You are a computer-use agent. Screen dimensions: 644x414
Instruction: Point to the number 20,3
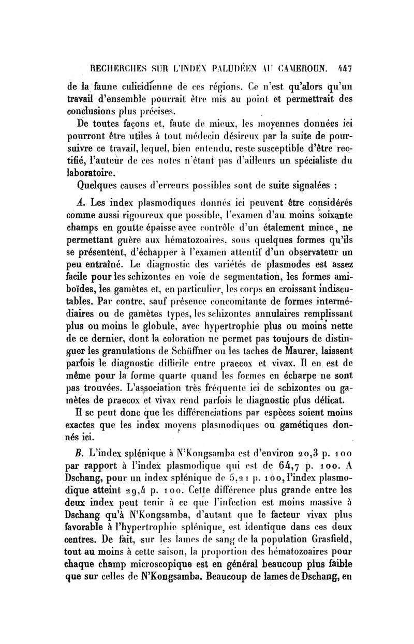click(x=304, y=453)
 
